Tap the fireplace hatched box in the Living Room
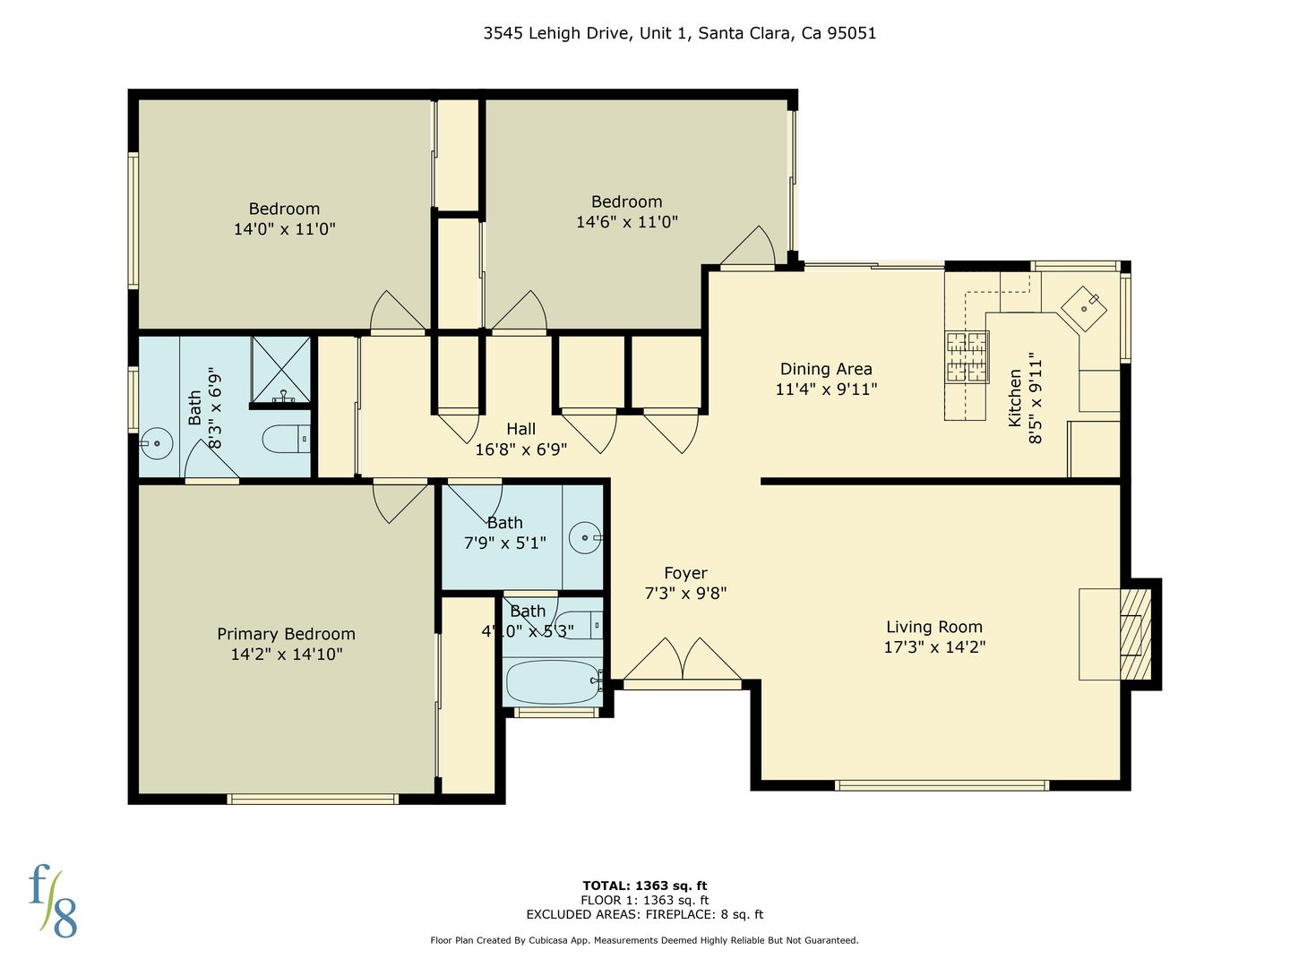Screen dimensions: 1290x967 point(1135,634)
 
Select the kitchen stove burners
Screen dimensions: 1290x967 point(967,357)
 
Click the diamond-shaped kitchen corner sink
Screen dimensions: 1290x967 point(1084,309)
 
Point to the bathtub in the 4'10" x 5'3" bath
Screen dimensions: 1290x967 point(553,681)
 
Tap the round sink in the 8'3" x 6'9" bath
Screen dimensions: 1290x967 point(157,443)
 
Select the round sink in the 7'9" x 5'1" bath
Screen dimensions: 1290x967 point(585,537)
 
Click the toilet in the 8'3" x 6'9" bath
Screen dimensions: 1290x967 point(286,439)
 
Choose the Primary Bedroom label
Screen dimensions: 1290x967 point(286,634)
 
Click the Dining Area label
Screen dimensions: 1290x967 point(826,369)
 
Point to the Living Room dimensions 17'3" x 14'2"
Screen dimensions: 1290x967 point(934,646)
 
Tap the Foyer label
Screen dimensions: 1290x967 point(685,572)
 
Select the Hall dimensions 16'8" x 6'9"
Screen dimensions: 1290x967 point(520,449)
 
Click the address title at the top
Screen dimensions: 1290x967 point(679,33)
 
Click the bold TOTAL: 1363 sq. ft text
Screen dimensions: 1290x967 point(645,886)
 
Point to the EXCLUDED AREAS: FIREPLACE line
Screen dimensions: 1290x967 point(645,914)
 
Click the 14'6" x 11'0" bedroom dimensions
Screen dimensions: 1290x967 point(626,221)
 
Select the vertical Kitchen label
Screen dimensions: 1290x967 point(1014,398)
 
